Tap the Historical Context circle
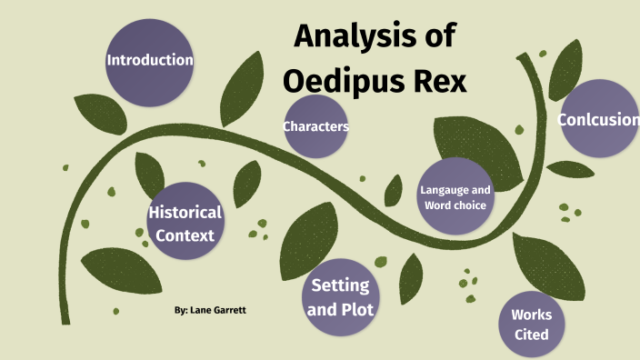coord(185,224)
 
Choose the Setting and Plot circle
coord(340,296)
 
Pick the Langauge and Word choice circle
coord(455,197)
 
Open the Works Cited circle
coord(530,324)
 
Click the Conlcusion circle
coord(597,119)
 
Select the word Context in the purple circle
coord(185,235)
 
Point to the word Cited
coord(530,335)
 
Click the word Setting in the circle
coord(340,285)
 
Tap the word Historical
coord(185,213)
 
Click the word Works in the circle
coord(531,315)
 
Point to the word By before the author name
coord(180,310)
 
